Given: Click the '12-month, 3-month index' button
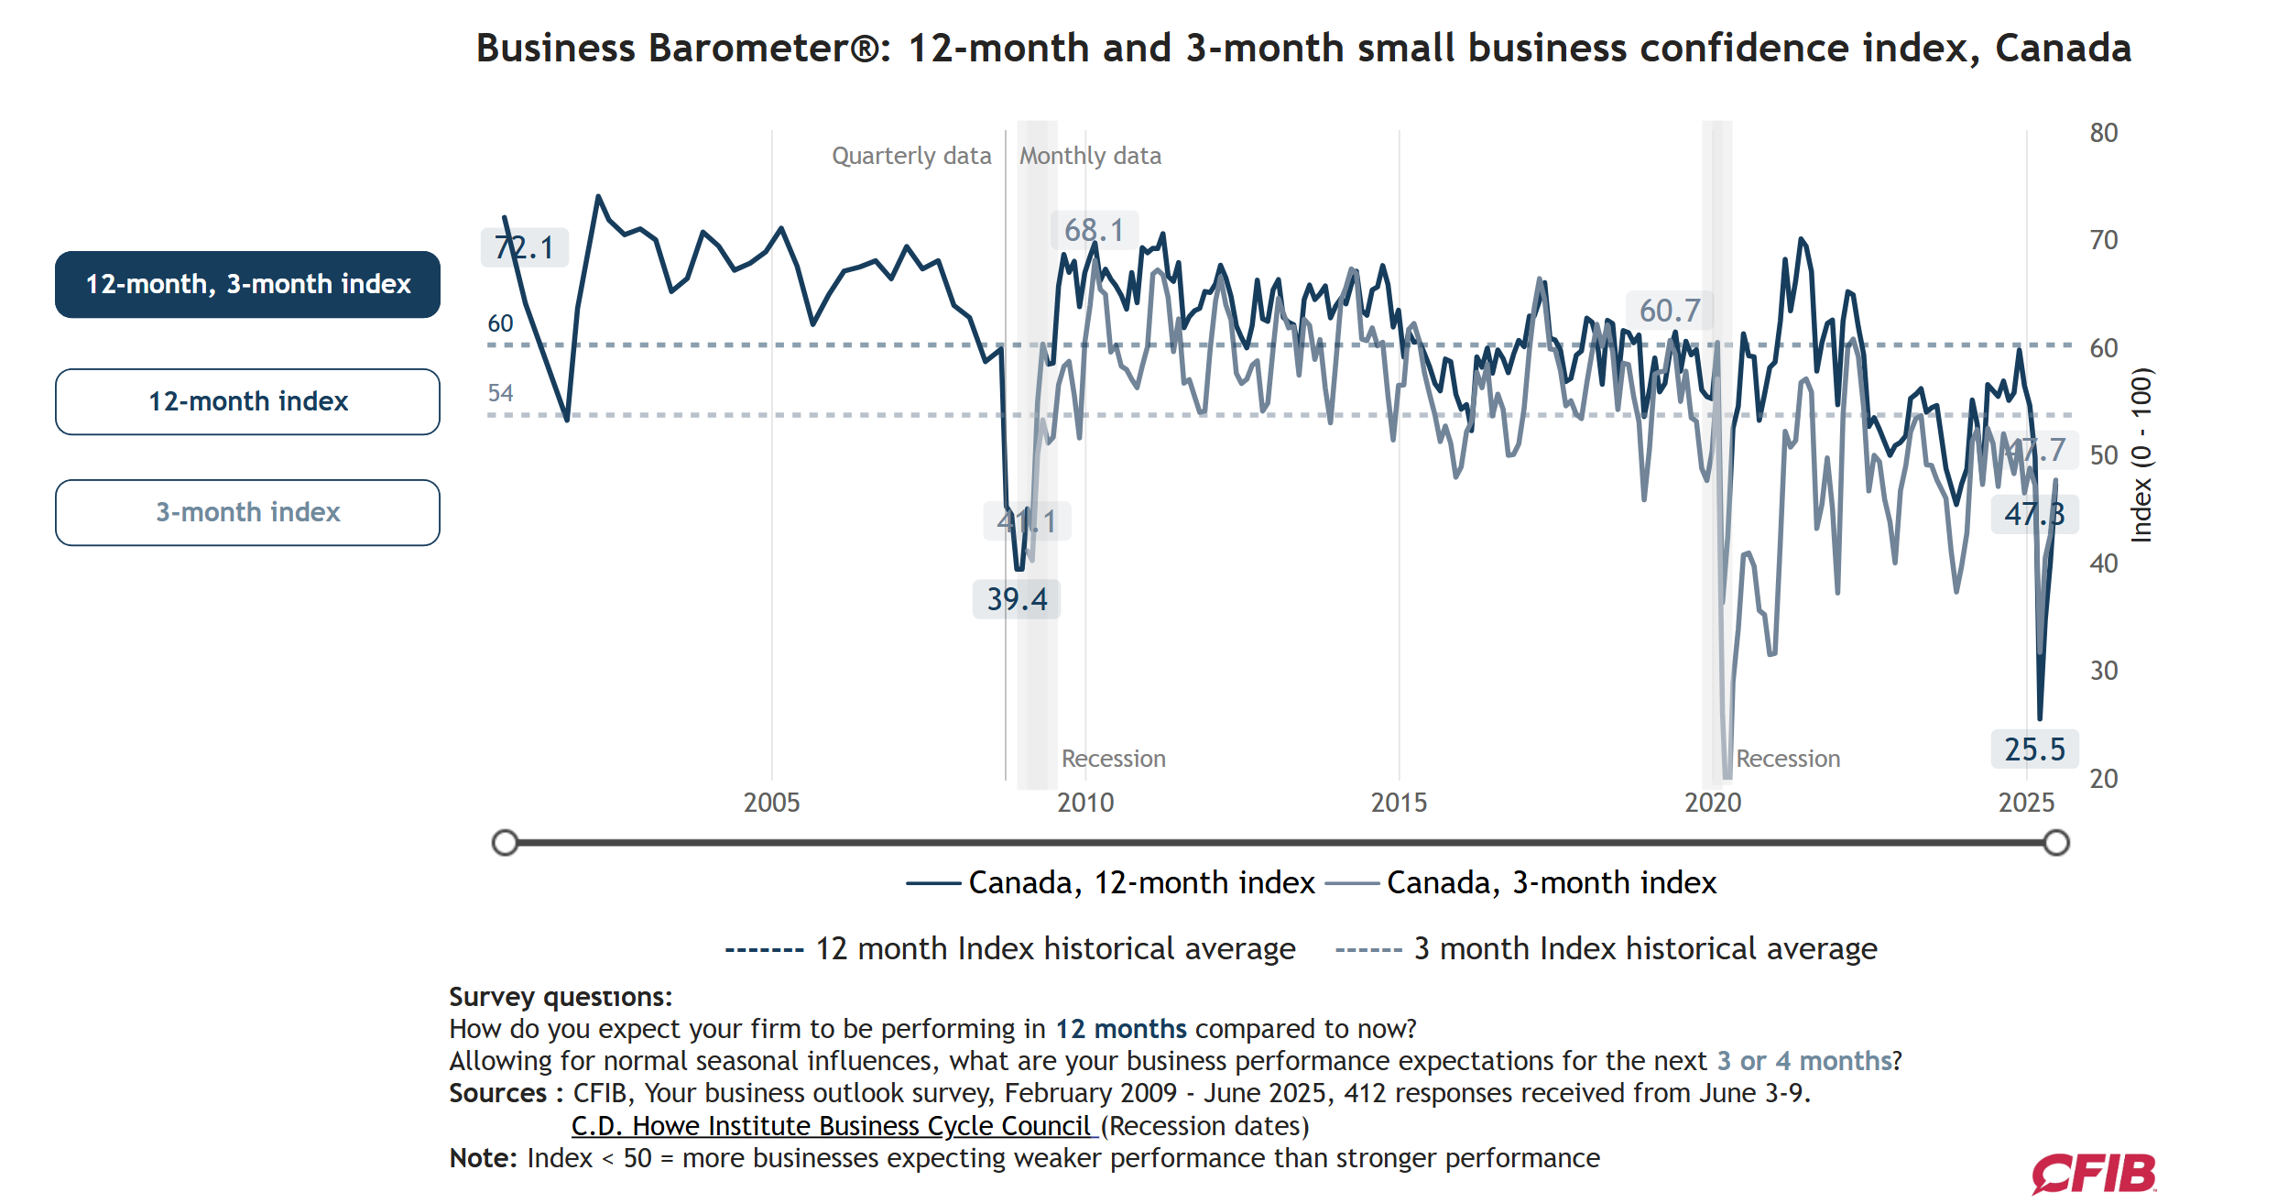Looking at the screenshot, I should pos(247,284).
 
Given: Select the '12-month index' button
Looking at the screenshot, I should pos(247,401).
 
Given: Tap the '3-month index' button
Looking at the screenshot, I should pos(247,512).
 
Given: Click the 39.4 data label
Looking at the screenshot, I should pos(1017,599).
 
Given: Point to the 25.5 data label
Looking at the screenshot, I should pos(2034,749).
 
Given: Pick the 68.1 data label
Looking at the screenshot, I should pos(1094,230).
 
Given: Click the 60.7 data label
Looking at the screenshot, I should pos(1669,311).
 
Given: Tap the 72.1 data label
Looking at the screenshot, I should pos(524,247).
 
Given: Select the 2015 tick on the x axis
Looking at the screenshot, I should pos(1399,803).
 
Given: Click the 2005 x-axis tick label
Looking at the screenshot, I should pos(771,803).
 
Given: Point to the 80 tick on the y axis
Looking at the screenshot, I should pos(2103,133).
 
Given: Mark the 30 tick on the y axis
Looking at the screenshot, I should pos(2103,671).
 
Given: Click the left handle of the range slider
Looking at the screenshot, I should pos(505,843).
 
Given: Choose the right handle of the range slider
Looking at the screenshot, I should pos(2056,843).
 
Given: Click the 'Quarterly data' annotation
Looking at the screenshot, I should pos(911,156).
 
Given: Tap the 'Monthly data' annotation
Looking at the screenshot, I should pos(1090,156).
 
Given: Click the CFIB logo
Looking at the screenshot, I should pos(2094,1174).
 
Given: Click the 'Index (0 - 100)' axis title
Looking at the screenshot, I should pos(2141,455).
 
